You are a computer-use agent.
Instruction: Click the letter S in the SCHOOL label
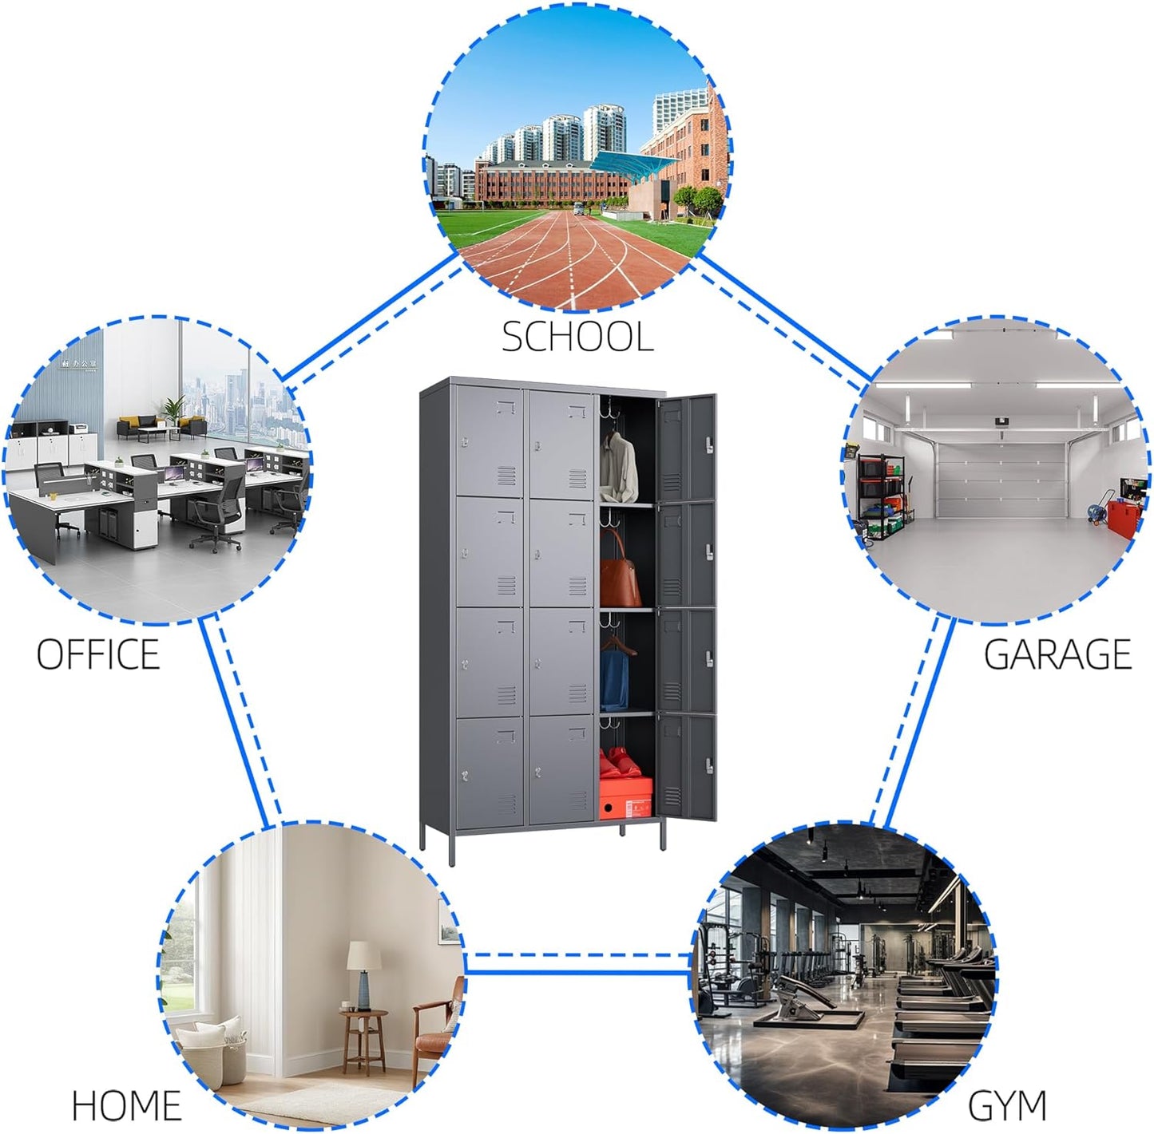pyautogui.click(x=513, y=336)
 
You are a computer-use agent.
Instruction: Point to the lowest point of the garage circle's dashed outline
pyautogui.click(x=996, y=623)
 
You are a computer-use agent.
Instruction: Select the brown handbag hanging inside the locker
pyautogui.click(x=621, y=571)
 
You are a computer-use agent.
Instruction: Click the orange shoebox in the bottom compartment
pyautogui.click(x=626, y=798)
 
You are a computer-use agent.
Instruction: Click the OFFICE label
pyautogui.click(x=99, y=654)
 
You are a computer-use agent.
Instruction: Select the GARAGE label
pyautogui.click(x=1057, y=654)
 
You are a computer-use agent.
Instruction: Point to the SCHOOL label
pyautogui.click(x=577, y=336)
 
